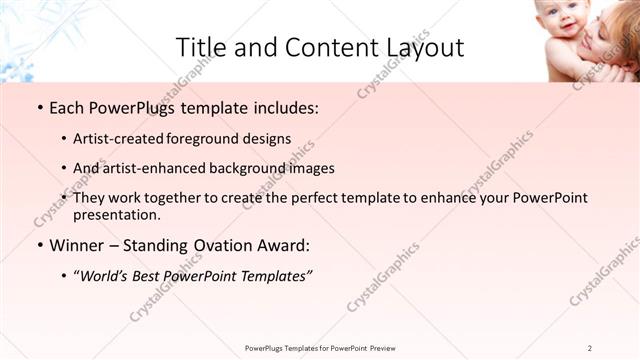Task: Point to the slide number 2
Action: click(590, 347)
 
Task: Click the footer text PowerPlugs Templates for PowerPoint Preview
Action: click(319, 347)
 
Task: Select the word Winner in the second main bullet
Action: click(76, 244)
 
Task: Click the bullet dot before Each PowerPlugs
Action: click(39, 108)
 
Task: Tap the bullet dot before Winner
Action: click(39, 244)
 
